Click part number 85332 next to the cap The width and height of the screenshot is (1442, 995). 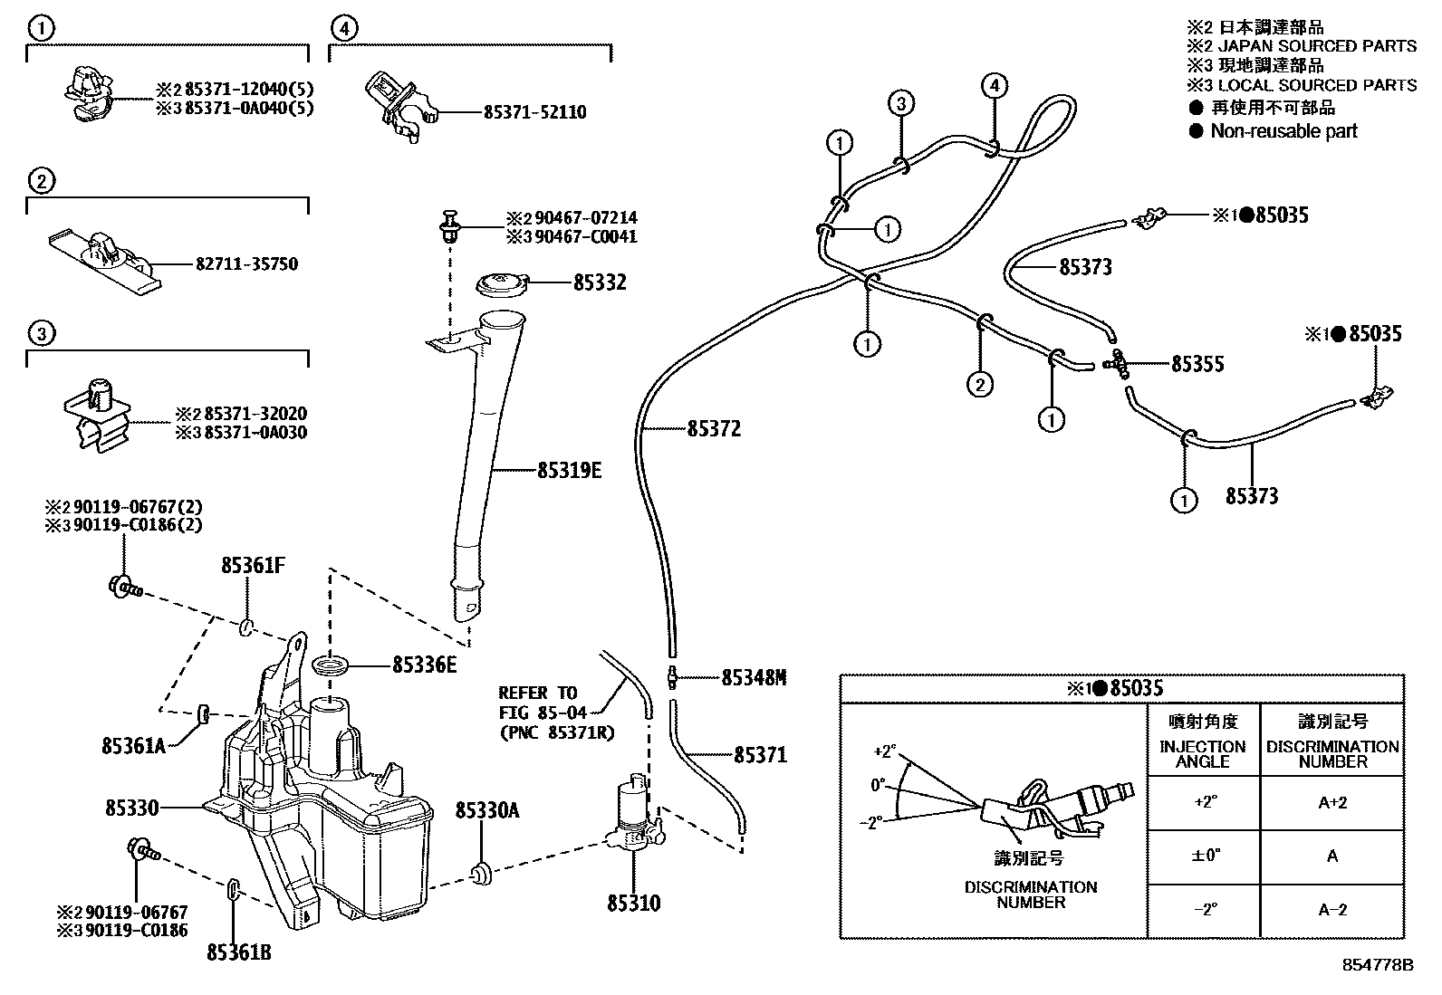(x=599, y=282)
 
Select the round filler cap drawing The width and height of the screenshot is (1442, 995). (x=501, y=283)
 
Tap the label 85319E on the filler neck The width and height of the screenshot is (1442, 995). (x=569, y=471)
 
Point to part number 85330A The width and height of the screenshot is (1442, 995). (x=486, y=810)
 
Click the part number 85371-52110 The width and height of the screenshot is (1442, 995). (x=534, y=112)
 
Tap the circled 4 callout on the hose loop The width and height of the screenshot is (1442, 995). (x=994, y=86)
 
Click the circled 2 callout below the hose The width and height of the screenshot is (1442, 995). (x=980, y=385)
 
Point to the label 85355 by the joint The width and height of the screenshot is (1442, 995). (x=1197, y=364)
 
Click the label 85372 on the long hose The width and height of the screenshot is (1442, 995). (x=713, y=429)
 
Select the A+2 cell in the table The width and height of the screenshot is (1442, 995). (x=1331, y=802)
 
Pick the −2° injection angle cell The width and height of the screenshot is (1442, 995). (x=1203, y=910)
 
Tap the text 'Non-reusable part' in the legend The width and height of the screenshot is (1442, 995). (x=1283, y=131)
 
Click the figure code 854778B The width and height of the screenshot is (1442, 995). (x=1378, y=965)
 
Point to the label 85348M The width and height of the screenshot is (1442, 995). (x=754, y=677)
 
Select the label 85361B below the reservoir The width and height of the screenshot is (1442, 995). (x=238, y=952)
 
